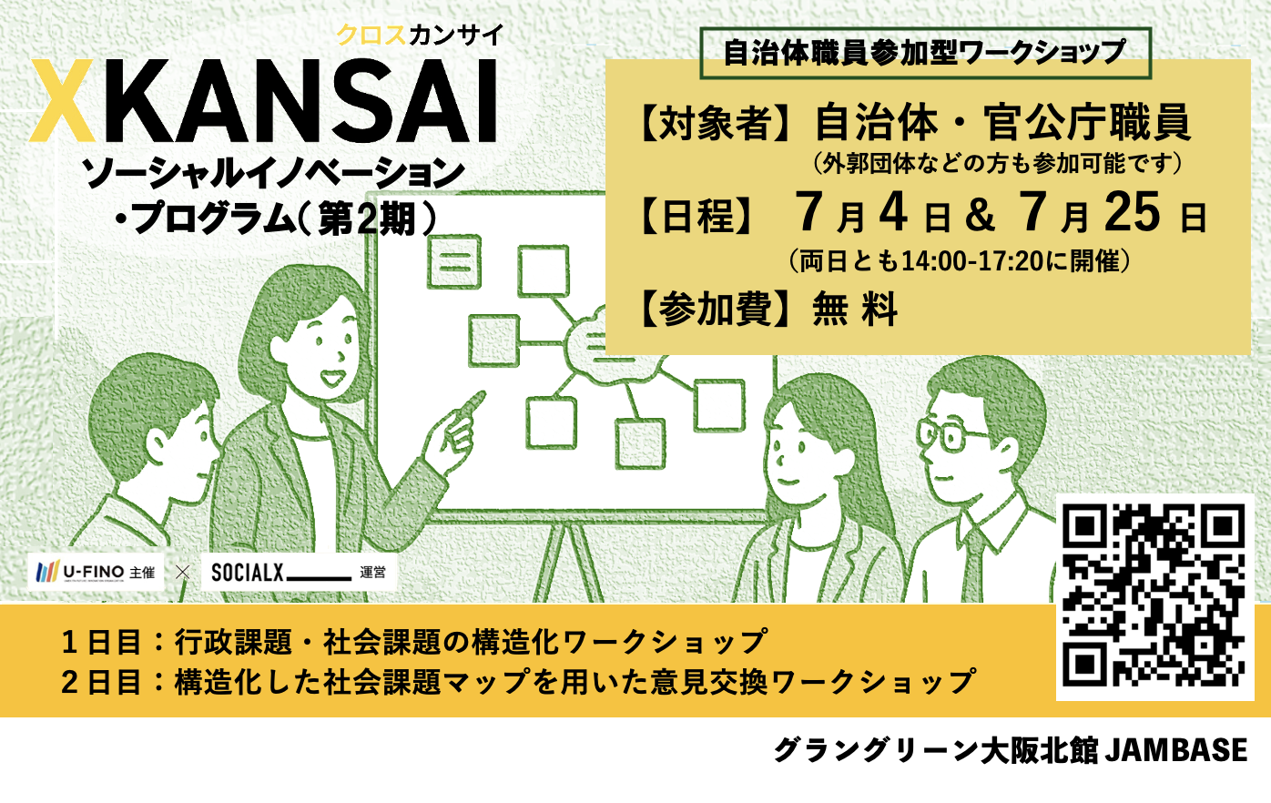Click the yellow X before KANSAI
(62, 100)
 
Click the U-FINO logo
(95, 572)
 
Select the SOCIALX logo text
(247, 573)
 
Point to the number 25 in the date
(1132, 211)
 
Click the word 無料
(855, 309)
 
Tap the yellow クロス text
(371, 36)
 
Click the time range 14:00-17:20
(971, 261)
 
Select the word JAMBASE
(1176, 749)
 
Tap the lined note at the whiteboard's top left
(454, 261)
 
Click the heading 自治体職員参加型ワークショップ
(924, 53)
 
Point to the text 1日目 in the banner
(101, 643)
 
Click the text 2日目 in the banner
(101, 682)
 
